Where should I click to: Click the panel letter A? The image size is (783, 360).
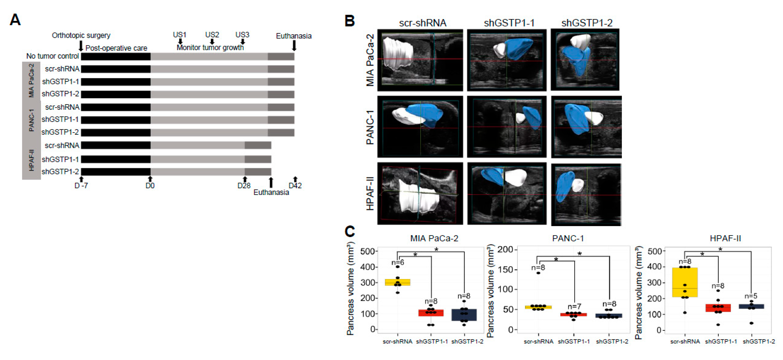click(15, 20)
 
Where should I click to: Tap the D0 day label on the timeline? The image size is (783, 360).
click(150, 186)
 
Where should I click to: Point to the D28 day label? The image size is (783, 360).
click(244, 186)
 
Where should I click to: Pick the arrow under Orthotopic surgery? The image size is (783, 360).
click(81, 46)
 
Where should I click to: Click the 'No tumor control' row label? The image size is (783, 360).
click(53, 56)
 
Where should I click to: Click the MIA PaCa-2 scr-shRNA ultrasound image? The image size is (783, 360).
click(420, 60)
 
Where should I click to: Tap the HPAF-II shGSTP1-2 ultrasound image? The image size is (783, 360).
click(586, 194)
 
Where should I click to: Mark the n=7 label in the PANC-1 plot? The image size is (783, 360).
click(574, 306)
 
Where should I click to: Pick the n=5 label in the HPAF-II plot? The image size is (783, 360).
click(751, 296)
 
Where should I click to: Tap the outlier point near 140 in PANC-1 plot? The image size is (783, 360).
click(538, 273)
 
